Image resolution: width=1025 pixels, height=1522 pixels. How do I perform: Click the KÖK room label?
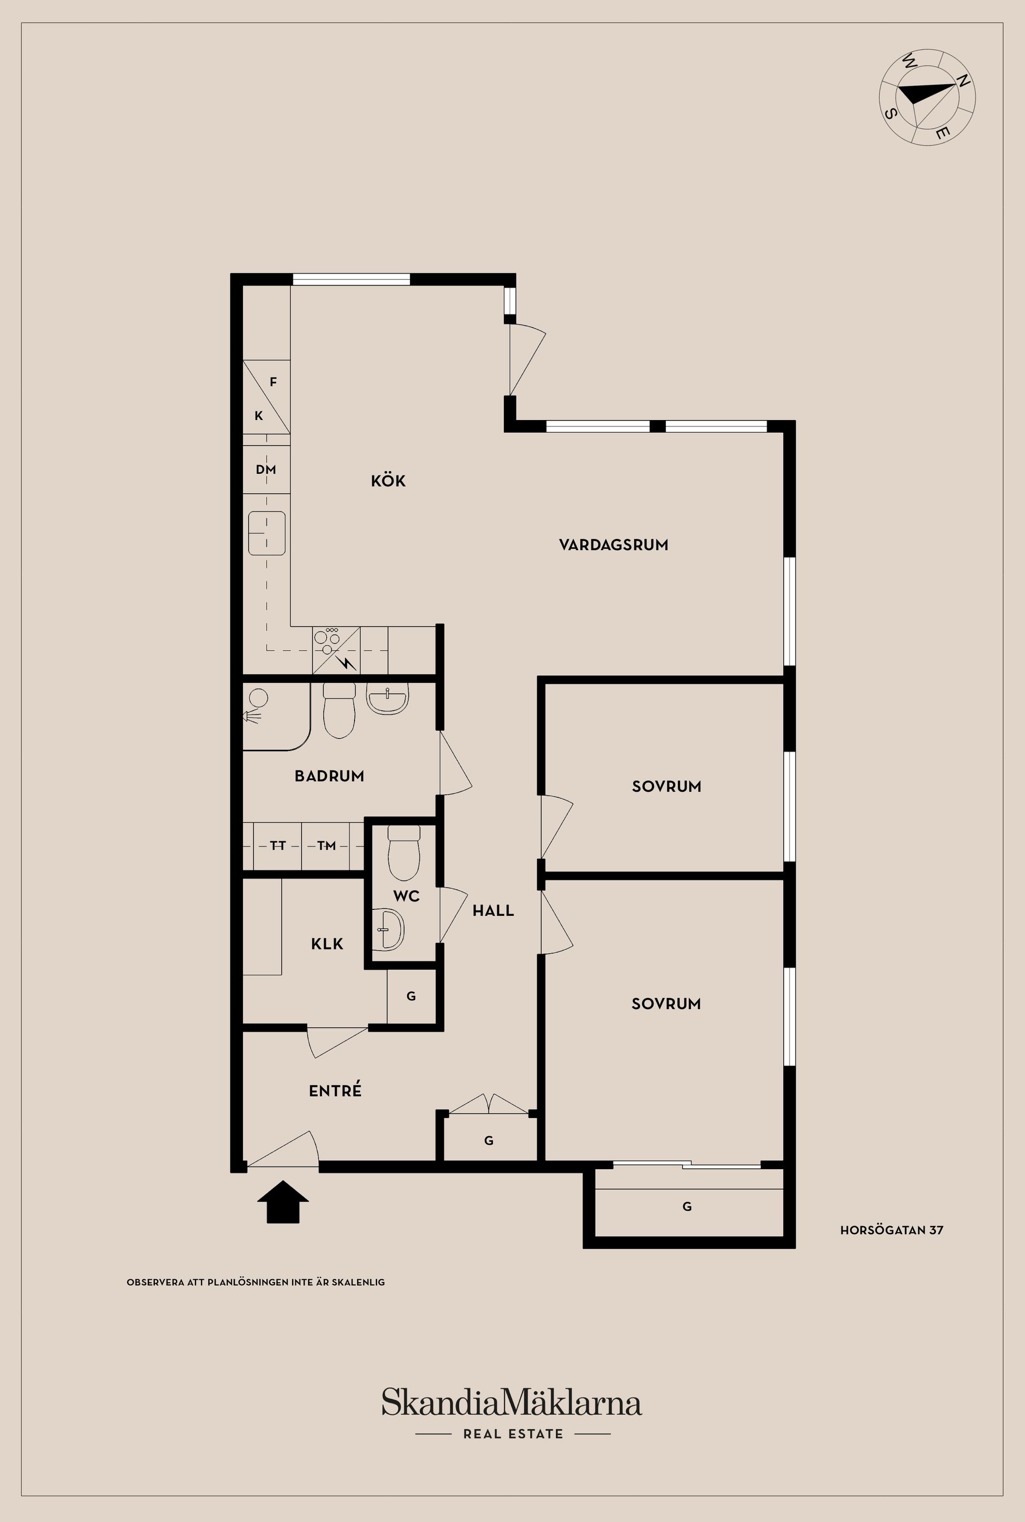388,481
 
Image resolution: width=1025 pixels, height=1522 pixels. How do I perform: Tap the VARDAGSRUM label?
613,545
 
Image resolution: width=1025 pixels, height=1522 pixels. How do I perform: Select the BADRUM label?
329,776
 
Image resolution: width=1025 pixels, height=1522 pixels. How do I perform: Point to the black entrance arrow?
282,1201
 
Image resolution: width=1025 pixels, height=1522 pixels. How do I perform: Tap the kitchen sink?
267,533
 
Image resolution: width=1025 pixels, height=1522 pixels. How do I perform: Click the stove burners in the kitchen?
327,640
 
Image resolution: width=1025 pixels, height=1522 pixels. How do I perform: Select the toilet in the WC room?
404,852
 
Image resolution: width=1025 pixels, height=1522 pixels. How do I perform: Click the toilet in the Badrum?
340,710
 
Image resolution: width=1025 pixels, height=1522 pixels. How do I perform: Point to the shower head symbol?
253,717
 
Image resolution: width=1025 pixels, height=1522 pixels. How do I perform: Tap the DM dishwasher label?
266,469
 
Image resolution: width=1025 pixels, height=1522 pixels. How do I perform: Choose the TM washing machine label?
326,846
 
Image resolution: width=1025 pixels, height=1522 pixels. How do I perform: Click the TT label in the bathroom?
278,846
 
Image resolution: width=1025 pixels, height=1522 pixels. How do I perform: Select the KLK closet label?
327,944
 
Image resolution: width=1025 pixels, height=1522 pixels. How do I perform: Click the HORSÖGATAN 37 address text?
892,1230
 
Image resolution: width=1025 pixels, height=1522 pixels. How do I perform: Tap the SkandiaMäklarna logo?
512,1403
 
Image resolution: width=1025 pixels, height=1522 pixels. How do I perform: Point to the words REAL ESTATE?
513,1434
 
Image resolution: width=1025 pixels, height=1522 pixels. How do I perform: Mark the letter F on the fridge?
273,382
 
